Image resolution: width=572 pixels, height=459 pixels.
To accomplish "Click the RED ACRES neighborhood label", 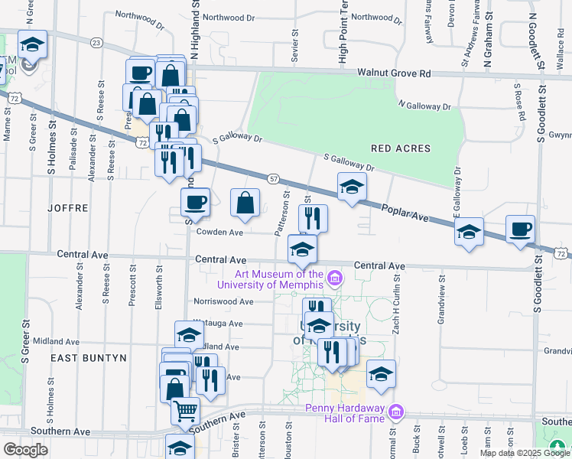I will point(400,148).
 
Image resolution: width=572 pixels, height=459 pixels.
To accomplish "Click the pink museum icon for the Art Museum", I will point(333,276).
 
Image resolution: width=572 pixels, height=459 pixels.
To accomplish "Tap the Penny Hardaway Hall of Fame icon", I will point(395,412).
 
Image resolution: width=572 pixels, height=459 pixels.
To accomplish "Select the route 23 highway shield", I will point(96,43).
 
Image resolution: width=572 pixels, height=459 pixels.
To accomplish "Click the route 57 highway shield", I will point(273,177).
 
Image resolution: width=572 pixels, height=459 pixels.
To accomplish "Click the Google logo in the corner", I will point(25,449).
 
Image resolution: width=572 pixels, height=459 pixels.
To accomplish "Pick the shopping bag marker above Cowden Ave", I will point(245,203).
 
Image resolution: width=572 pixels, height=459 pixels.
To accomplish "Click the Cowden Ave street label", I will point(219,232).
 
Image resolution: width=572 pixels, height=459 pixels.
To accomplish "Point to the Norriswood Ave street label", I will point(223,301).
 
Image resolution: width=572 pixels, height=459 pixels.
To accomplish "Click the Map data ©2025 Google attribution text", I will point(525,453).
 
